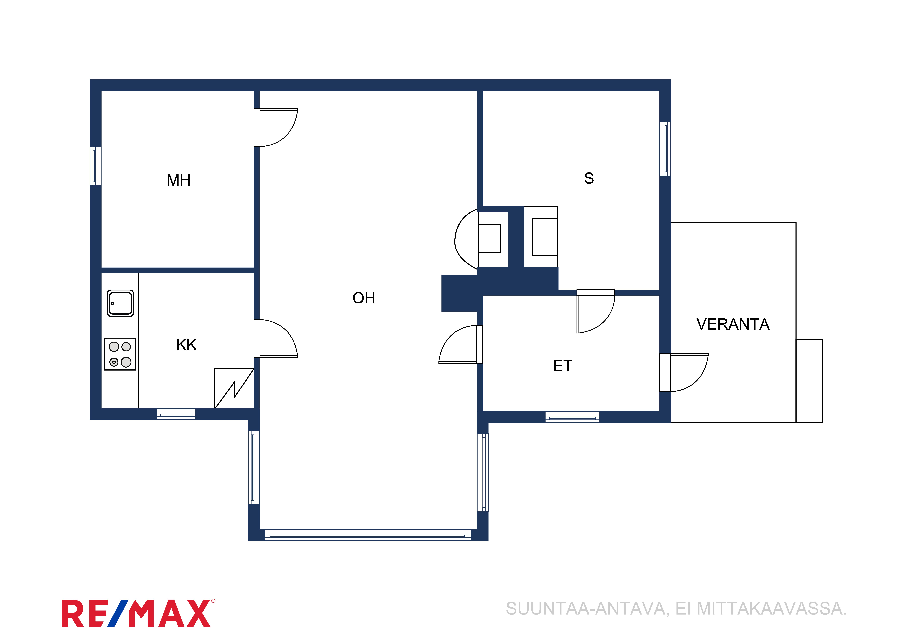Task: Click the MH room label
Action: coord(179,180)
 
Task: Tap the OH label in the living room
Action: coord(364,298)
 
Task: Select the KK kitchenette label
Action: coord(186,345)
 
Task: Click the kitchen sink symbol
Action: coord(121,303)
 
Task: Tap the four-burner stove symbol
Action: coord(120,354)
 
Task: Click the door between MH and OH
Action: coord(276,127)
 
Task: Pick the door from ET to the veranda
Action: coord(684,373)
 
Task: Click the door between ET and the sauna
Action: coord(596,311)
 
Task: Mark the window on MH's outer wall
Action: coord(96,166)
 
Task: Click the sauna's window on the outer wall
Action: coord(665,149)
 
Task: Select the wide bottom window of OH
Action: coord(368,535)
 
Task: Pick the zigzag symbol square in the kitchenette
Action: coord(234,388)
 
